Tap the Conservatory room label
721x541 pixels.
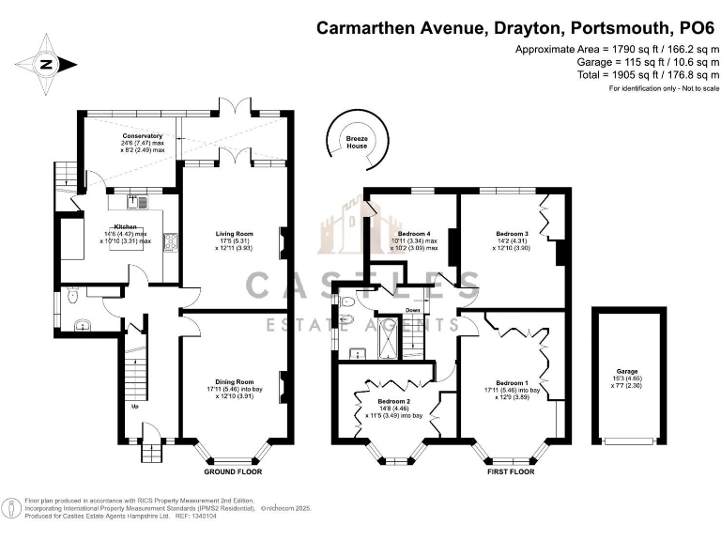pyautogui.click(x=142, y=136)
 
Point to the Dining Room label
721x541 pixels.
pyautogui.click(x=231, y=382)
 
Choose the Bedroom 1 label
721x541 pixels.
pyautogui.click(x=512, y=382)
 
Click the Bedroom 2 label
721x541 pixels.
pyautogui.click(x=392, y=401)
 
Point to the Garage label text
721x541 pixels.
pyautogui.click(x=627, y=372)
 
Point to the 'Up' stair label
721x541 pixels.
pyautogui.click(x=133, y=407)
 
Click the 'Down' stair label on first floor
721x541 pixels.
pyautogui.click(x=412, y=309)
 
